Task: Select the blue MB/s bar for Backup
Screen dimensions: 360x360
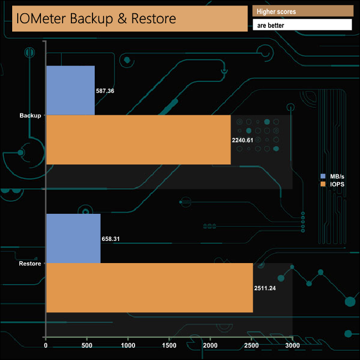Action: (70, 90)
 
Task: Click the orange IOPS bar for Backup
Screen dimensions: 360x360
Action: (138, 140)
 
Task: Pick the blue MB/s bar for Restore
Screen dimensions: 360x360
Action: (73, 238)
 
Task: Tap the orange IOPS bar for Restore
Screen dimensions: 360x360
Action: (149, 287)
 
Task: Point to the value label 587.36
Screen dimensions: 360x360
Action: (105, 90)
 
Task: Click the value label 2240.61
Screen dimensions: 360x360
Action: (243, 140)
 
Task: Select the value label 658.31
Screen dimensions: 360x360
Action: (111, 239)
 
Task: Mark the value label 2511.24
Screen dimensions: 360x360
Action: (265, 288)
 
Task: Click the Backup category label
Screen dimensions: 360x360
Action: (30, 115)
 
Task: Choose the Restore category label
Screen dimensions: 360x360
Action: (30, 263)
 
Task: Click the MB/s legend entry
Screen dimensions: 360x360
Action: (332, 176)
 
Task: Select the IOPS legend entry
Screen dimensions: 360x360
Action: (332, 183)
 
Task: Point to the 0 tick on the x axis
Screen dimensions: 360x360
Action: (46, 346)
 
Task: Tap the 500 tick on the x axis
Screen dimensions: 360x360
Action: (87, 346)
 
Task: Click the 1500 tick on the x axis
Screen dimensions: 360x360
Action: (169, 346)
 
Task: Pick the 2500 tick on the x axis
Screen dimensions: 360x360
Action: (251, 346)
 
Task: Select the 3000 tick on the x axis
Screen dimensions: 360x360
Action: (292, 346)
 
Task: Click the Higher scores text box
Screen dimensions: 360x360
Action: (302, 11)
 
